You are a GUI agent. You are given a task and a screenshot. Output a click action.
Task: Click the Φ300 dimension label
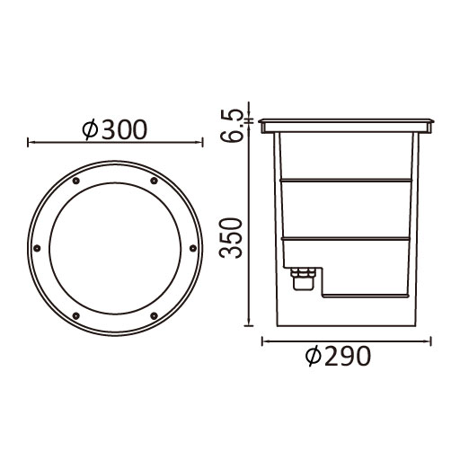click(115, 129)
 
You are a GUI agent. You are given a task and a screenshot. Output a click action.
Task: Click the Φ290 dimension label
click(338, 356)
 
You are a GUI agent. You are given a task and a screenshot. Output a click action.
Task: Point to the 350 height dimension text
click(230, 238)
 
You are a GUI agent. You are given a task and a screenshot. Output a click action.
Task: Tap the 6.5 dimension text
click(230, 126)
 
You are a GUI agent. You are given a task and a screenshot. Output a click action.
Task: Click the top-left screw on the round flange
click(76, 181)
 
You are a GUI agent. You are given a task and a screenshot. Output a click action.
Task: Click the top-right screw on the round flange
click(154, 181)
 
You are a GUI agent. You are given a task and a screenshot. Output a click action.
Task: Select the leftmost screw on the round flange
click(37, 248)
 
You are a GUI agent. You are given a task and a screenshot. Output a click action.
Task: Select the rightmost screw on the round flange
click(193, 248)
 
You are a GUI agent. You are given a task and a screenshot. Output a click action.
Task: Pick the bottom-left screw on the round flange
click(76, 315)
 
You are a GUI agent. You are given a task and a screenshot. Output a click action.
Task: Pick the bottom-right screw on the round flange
click(154, 315)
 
